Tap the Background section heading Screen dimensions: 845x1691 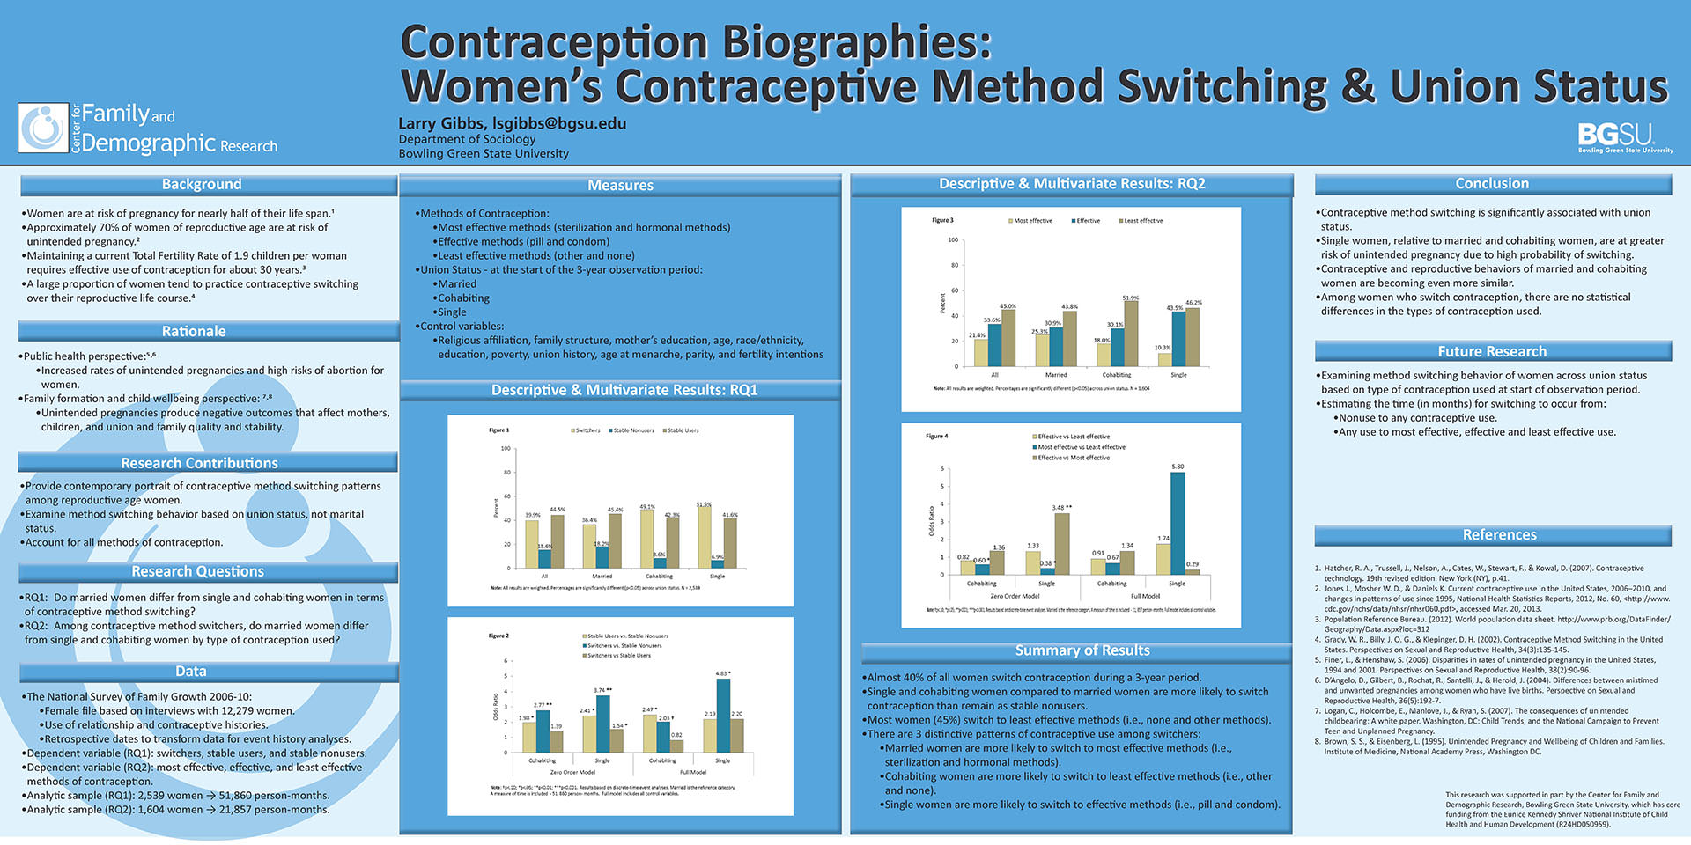click(202, 184)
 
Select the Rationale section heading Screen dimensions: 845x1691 click(194, 332)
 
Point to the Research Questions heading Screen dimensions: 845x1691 click(198, 572)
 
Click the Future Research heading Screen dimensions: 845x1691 click(1492, 352)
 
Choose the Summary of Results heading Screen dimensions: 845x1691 click(1082, 650)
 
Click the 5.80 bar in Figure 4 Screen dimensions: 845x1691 click(1178, 523)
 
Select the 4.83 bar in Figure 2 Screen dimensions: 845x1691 click(723, 715)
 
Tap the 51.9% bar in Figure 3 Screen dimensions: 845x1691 click(1131, 334)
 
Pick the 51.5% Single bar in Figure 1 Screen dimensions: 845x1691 click(705, 537)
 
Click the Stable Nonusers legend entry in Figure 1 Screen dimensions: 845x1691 click(631, 430)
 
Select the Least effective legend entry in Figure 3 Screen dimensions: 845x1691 click(1141, 221)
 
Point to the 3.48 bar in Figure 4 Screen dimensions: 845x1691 click(1062, 543)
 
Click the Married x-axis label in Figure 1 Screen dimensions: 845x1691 click(602, 577)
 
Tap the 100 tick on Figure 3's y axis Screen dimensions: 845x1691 click(953, 240)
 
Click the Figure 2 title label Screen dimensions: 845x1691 click(498, 636)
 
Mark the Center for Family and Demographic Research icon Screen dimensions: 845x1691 click(43, 129)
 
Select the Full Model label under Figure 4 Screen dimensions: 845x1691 click(1145, 596)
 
